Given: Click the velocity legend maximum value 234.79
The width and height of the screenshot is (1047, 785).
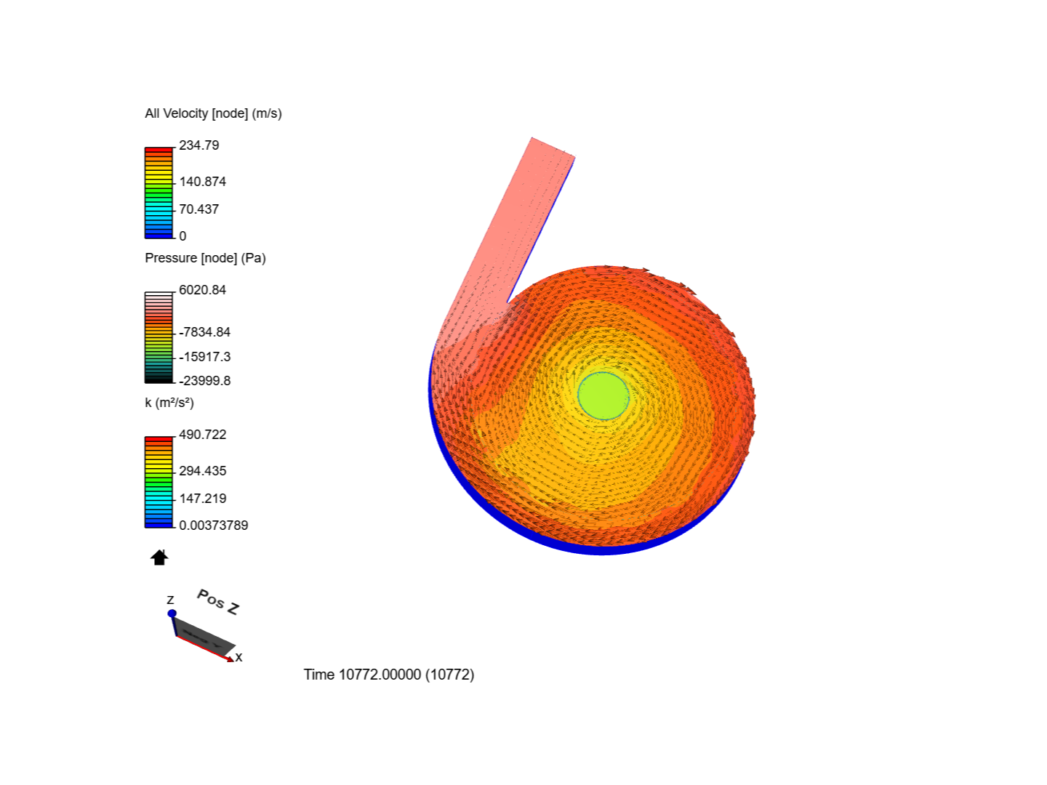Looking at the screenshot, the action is click(x=199, y=145).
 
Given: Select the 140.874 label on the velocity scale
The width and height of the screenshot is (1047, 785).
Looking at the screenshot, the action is click(x=202, y=182).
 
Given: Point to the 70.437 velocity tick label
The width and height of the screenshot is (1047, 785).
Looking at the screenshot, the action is click(x=199, y=209).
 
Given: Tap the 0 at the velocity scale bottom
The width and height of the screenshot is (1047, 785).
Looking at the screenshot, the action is click(x=182, y=236).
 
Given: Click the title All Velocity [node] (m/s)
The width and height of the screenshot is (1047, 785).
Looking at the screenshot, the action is click(x=213, y=113).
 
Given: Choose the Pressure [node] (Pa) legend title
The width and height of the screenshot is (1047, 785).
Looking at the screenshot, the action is click(x=205, y=258).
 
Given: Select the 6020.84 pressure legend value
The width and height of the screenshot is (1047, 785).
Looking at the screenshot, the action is click(x=202, y=290).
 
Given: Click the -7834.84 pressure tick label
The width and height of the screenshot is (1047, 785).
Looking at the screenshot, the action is click(x=204, y=332).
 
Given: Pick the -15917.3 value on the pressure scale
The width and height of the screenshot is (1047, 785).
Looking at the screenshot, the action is click(x=204, y=357).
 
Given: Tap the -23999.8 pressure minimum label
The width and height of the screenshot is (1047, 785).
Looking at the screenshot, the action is click(x=204, y=381).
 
